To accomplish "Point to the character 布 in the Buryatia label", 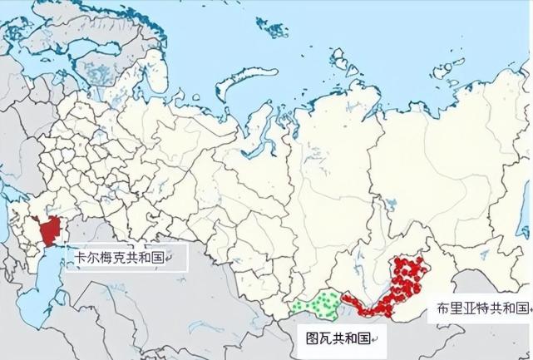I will click(443, 308).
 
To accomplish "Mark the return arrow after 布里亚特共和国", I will click(529, 310).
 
